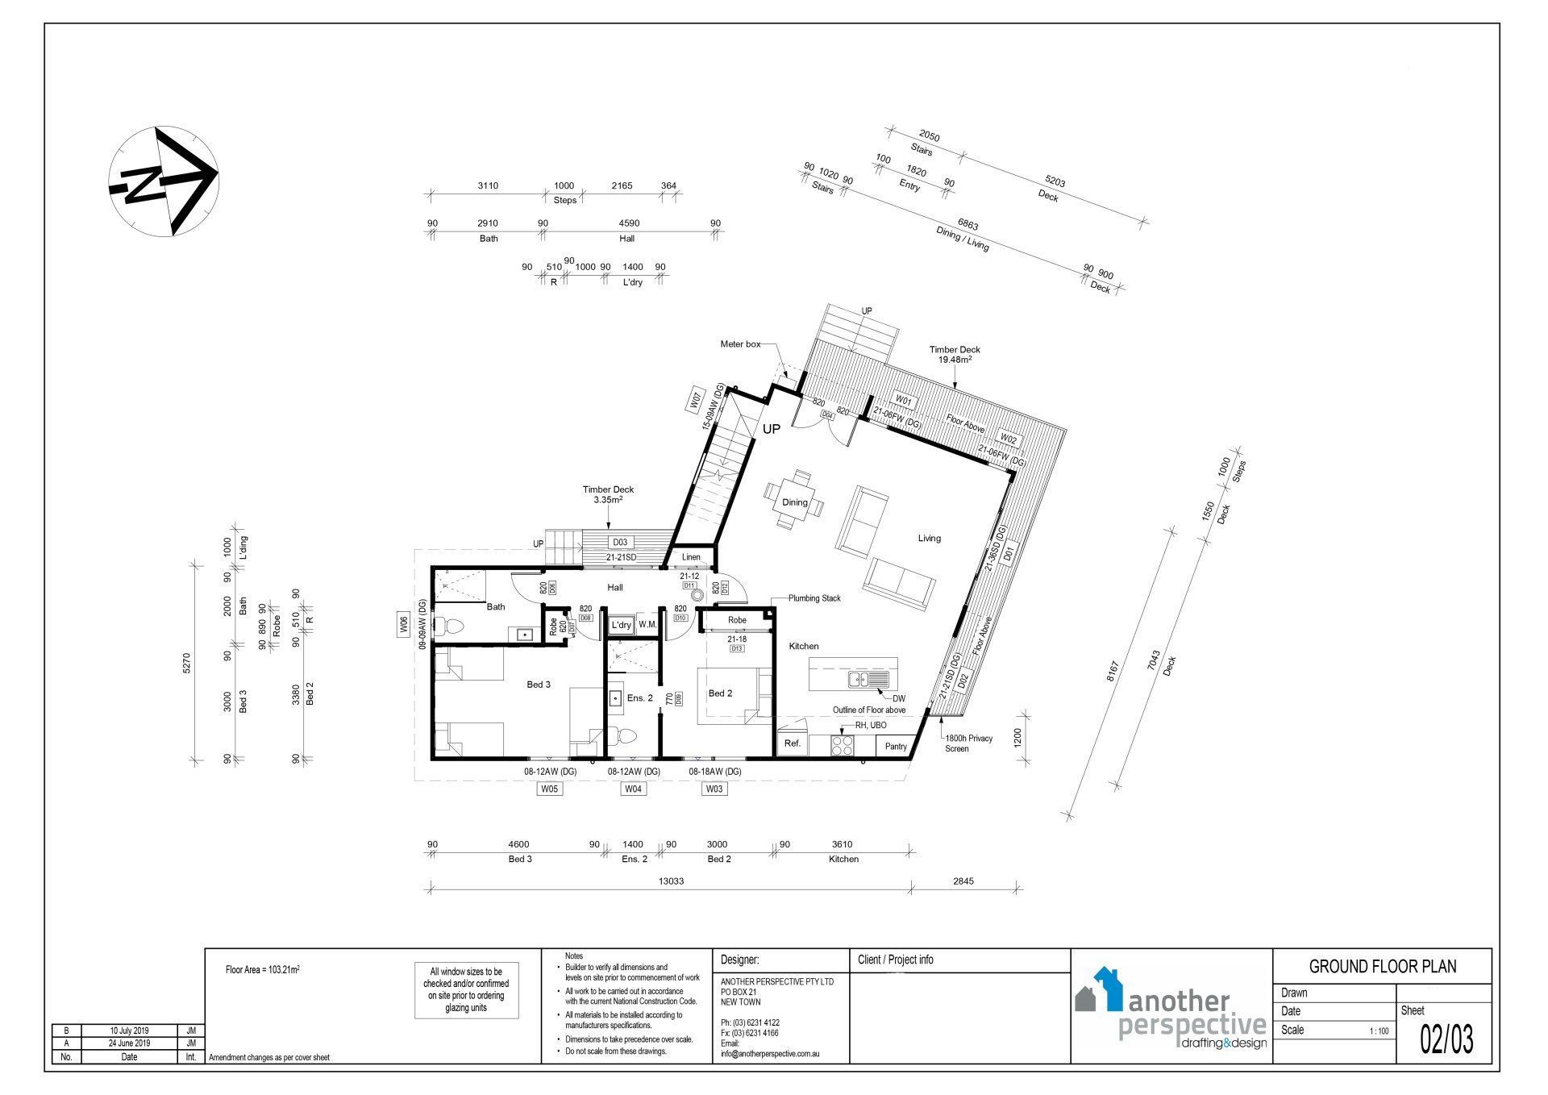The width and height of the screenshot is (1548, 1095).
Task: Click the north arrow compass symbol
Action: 164,181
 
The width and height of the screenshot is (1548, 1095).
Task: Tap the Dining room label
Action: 794,502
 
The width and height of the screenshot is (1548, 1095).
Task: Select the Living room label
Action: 929,538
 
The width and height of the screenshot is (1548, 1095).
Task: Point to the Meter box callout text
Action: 740,344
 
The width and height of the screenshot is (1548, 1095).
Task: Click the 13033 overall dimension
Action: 670,881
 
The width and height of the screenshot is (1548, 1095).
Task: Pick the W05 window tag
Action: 550,789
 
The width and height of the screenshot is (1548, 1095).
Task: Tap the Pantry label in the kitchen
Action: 896,747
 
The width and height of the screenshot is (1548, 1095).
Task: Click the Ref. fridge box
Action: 793,743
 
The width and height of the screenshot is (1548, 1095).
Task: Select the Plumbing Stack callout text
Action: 814,598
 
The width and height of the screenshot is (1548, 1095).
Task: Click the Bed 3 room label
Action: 539,685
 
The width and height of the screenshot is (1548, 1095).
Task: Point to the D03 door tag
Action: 619,543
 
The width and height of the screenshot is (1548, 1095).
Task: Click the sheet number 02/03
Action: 1446,1040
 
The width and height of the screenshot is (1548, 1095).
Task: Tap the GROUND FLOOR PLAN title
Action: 1382,967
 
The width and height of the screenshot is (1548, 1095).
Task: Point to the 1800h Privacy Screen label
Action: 968,743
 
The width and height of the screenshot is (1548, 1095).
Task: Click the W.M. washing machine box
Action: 647,625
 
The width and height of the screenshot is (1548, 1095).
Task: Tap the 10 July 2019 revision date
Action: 128,1031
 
